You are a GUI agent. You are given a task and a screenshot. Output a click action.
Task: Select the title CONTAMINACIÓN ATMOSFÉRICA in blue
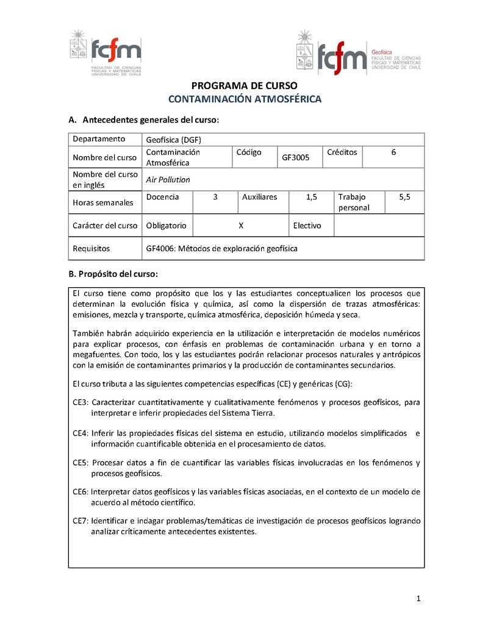pyautogui.click(x=244, y=99)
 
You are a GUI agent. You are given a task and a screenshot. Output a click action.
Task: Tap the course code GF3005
pyautogui.click(x=295, y=158)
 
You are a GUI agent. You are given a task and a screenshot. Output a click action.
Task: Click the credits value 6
pyautogui.click(x=393, y=152)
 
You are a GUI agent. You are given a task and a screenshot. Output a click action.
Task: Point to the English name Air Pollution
pyautogui.click(x=168, y=180)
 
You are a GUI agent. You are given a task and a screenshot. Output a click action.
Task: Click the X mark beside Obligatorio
pyautogui.click(x=241, y=226)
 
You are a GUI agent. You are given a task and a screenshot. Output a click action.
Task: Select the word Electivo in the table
pyautogui.click(x=307, y=226)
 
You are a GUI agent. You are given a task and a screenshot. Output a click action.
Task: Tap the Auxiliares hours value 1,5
pyautogui.click(x=311, y=197)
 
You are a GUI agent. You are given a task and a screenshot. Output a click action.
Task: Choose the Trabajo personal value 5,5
pyautogui.click(x=404, y=197)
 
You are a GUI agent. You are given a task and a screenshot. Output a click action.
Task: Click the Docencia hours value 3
pyautogui.click(x=215, y=197)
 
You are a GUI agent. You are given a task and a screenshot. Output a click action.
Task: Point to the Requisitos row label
pyautogui.click(x=91, y=249)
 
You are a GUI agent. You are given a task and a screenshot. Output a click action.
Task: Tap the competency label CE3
pyautogui.click(x=81, y=402)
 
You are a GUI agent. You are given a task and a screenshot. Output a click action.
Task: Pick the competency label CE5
pyautogui.click(x=81, y=463)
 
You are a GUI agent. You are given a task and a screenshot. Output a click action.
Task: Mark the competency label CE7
pyautogui.click(x=81, y=521)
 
